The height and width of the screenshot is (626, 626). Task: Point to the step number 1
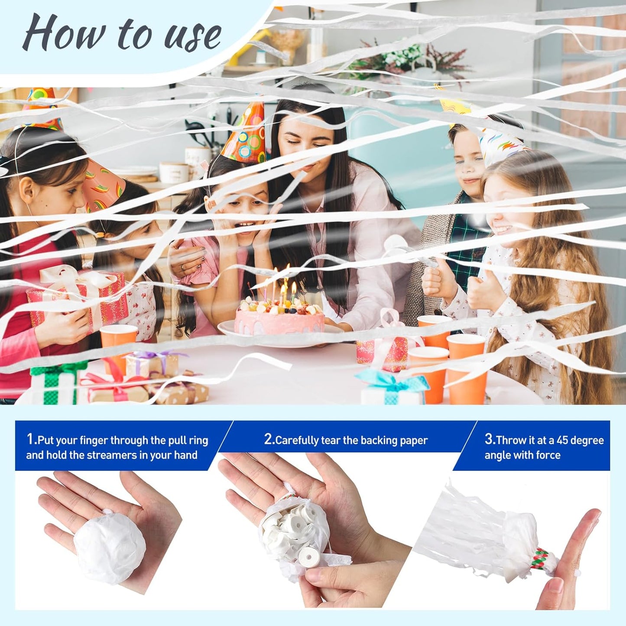[x=31, y=440]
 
